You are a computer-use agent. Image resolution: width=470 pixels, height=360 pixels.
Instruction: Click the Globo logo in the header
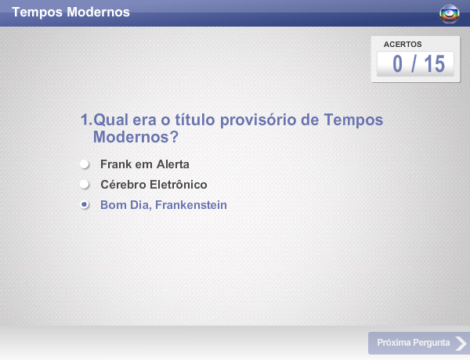pos(450,13)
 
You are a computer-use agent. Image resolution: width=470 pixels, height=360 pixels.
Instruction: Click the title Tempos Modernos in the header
pos(71,13)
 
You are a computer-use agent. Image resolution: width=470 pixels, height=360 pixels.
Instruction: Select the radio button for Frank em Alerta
pos(85,164)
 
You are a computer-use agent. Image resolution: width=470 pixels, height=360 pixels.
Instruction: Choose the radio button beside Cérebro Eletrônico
pos(85,185)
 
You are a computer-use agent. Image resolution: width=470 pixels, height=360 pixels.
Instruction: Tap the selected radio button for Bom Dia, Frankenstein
pos(85,205)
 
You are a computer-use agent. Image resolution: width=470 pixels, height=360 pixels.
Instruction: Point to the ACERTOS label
pos(403,45)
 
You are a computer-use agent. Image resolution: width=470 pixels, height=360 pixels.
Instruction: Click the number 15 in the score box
pos(434,64)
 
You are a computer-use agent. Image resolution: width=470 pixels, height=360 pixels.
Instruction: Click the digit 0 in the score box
pos(399,64)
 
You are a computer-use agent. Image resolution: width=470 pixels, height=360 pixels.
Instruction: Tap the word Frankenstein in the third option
pos(189,205)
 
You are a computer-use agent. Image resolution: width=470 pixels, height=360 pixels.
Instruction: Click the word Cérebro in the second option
pos(121,185)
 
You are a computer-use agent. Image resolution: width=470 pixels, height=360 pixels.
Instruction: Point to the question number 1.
pos(85,120)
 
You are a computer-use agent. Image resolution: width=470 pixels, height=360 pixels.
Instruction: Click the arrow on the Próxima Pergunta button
pos(461,343)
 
